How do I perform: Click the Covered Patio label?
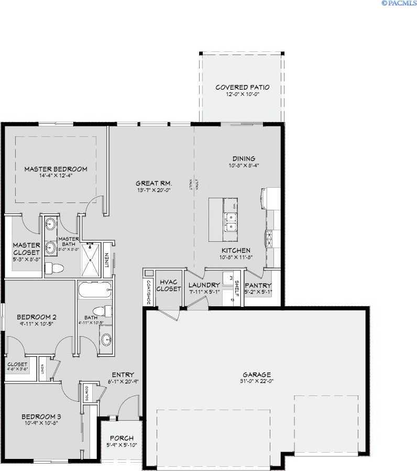pos(243,88)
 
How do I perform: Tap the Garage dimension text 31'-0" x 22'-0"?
pos(257,382)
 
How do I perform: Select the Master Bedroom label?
pos(56,169)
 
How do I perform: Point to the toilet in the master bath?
pos(54,269)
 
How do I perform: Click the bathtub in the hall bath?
pos(95,290)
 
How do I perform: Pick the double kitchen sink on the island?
pos(229,222)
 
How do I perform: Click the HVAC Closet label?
pos(169,285)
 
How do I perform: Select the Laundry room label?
pos(204,285)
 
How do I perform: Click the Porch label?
pos(121,438)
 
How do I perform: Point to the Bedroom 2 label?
pos(37,317)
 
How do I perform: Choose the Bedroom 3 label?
pos(41,417)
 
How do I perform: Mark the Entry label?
pos(123,374)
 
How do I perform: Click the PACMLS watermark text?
pos(399,3)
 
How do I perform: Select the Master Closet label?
pos(27,249)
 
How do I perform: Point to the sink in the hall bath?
pos(106,338)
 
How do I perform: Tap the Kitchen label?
pos(236,250)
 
